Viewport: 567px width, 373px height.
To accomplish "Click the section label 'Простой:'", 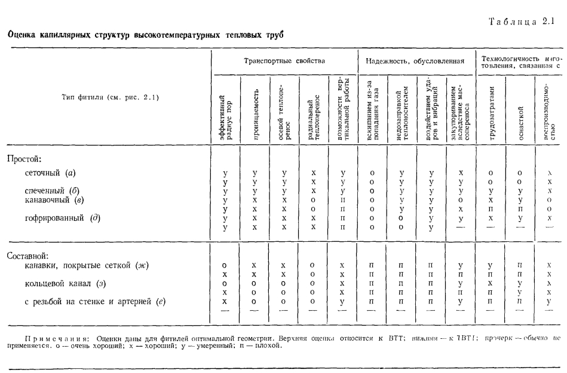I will (x=23, y=159).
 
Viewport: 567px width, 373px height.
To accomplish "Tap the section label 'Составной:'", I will (x=27, y=255).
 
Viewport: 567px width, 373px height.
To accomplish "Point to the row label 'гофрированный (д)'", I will (x=66, y=218).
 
